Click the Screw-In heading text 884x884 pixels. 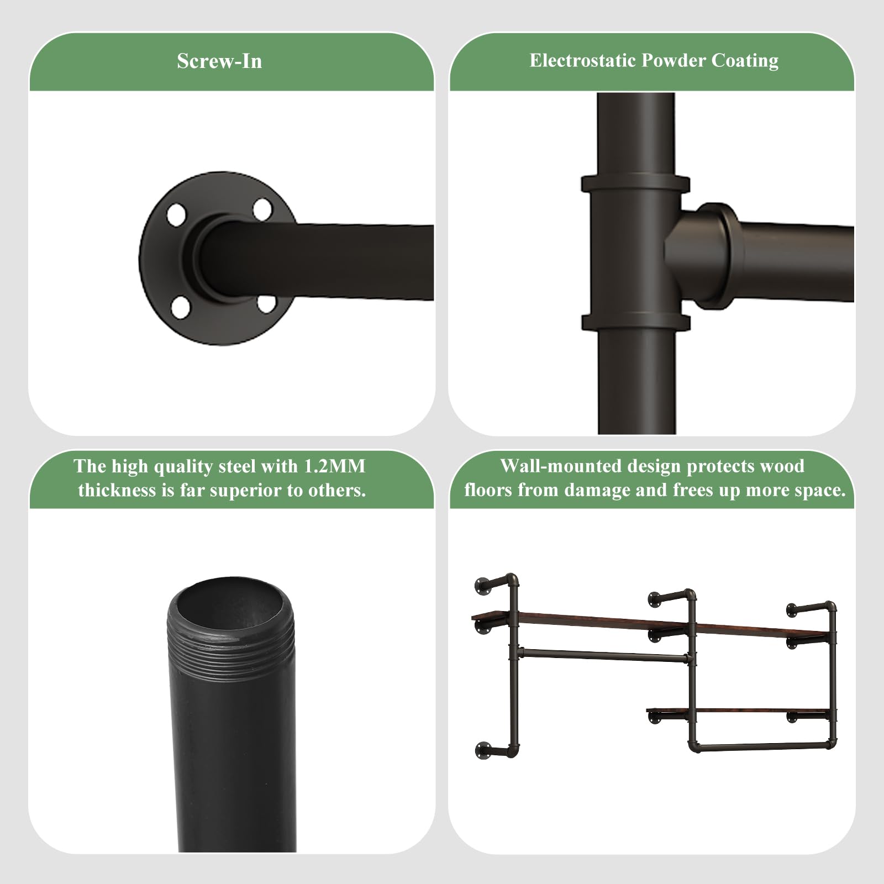pyautogui.click(x=219, y=61)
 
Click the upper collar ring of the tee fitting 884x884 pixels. pyautogui.click(x=635, y=184)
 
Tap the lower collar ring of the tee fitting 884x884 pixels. pyautogui.click(x=635, y=323)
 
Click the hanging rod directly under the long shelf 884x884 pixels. pyautogui.click(x=604, y=656)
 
